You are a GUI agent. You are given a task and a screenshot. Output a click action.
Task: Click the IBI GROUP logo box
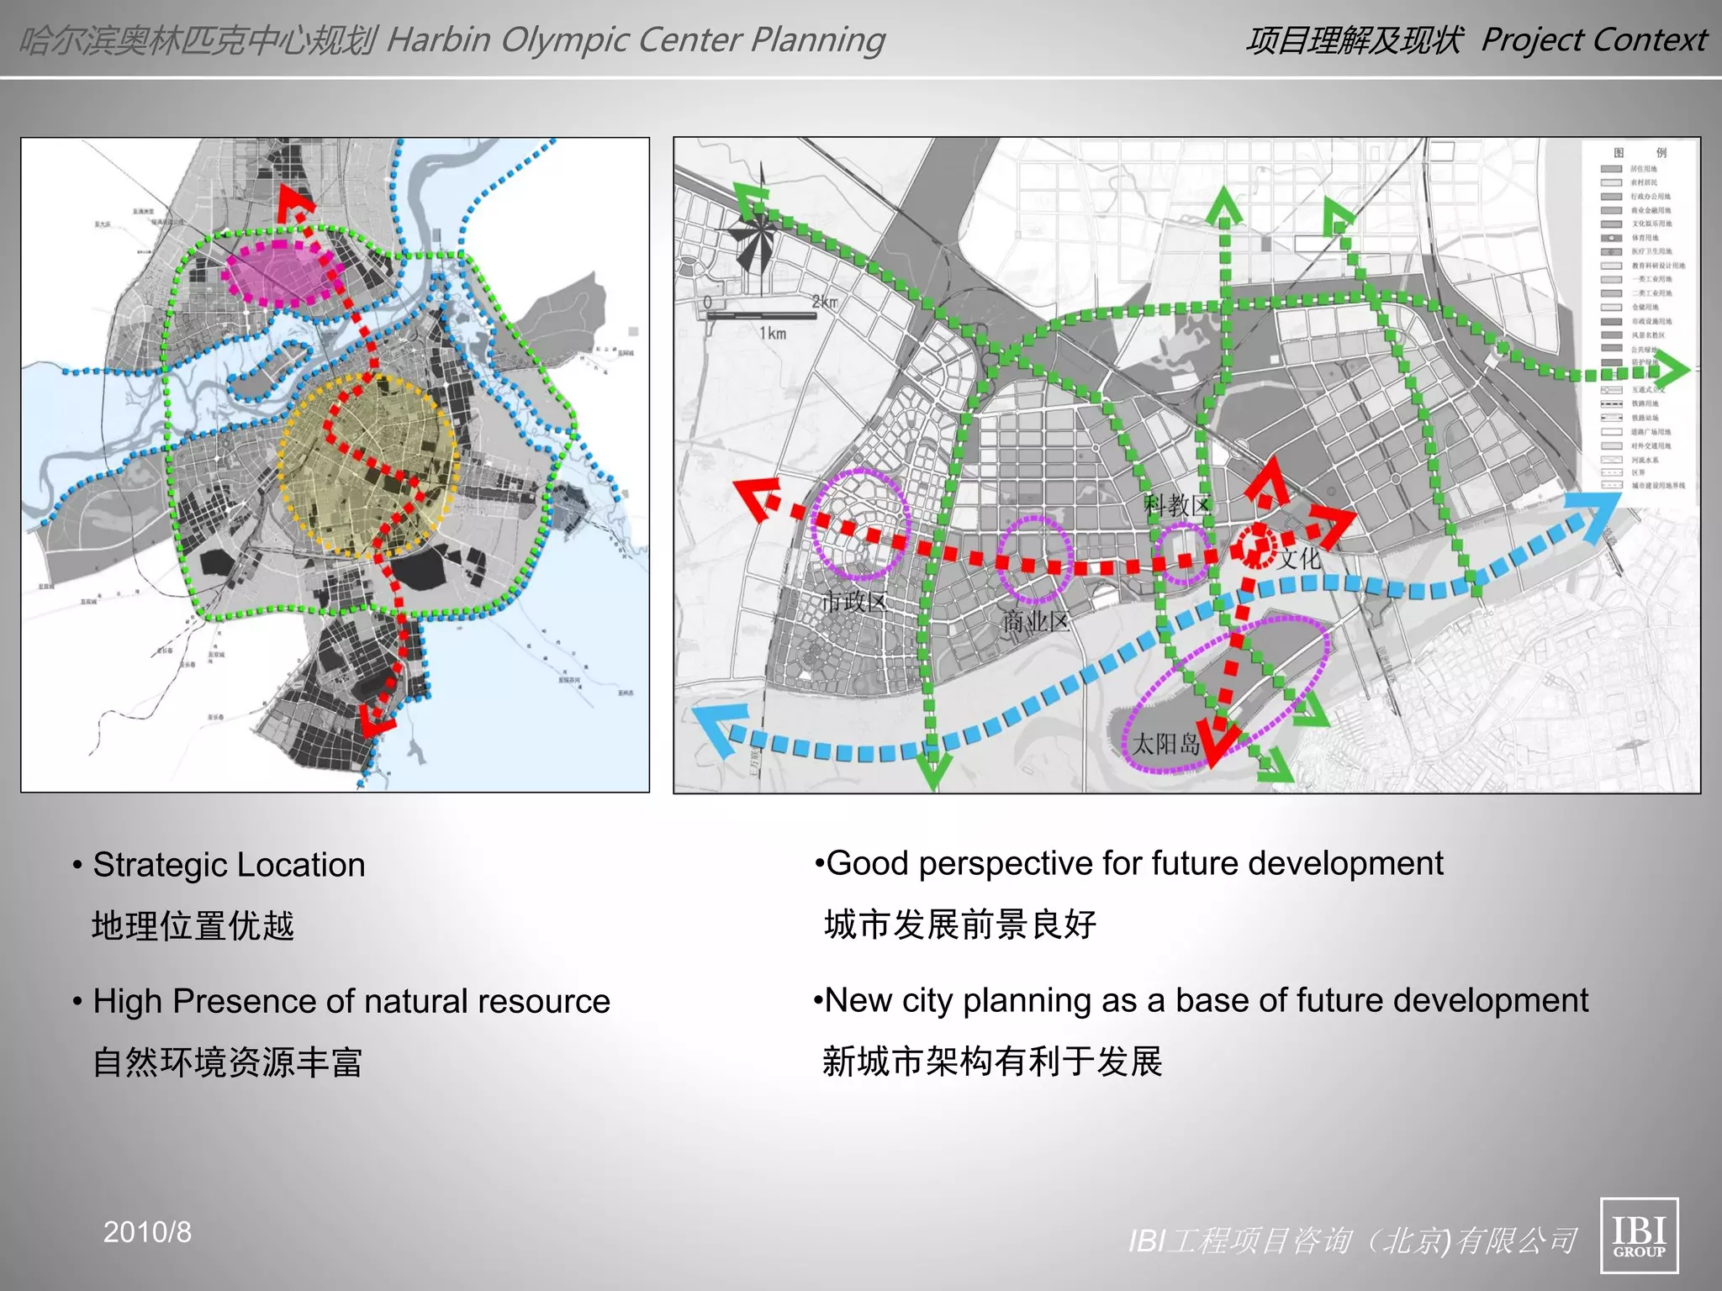tap(1639, 1235)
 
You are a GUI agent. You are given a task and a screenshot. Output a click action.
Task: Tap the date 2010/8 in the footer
tap(147, 1232)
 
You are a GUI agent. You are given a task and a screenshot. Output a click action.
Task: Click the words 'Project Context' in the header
tap(1593, 40)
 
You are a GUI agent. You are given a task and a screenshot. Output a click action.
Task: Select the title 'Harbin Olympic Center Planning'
tap(635, 40)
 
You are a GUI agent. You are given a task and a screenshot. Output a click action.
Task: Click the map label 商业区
tap(1036, 621)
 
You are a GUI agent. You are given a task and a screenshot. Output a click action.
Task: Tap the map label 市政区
tap(854, 601)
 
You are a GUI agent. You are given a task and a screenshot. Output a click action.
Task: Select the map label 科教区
tap(1176, 505)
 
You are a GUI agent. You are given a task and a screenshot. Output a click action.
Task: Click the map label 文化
tap(1300, 559)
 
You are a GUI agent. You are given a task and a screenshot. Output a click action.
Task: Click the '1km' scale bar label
tap(773, 334)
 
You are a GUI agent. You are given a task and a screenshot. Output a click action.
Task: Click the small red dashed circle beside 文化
tap(1255, 545)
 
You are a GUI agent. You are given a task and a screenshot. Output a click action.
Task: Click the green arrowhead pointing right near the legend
tap(1674, 371)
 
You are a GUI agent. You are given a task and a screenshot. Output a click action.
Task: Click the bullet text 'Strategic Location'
tap(229, 865)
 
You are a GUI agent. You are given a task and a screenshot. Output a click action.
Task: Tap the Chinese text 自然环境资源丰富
tap(227, 1062)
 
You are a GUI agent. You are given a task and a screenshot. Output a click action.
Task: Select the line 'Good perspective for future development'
tap(1134, 863)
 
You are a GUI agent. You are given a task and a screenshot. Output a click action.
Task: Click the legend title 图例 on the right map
tap(1639, 152)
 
